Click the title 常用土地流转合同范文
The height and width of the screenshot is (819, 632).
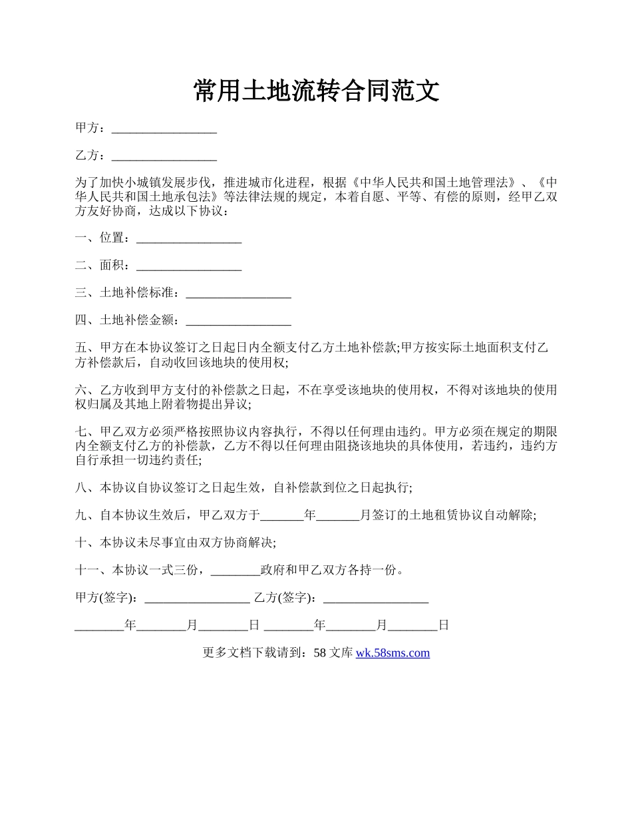click(x=316, y=91)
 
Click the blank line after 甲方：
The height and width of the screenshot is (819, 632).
click(x=164, y=129)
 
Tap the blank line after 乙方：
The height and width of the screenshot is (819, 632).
click(x=164, y=156)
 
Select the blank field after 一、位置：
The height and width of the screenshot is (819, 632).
click(x=188, y=238)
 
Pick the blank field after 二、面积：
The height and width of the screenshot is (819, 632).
click(x=188, y=266)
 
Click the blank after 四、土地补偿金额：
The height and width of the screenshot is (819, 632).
click(x=238, y=321)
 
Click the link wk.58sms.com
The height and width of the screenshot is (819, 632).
click(x=393, y=653)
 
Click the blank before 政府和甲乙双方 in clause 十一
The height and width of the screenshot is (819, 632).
click(x=234, y=571)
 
